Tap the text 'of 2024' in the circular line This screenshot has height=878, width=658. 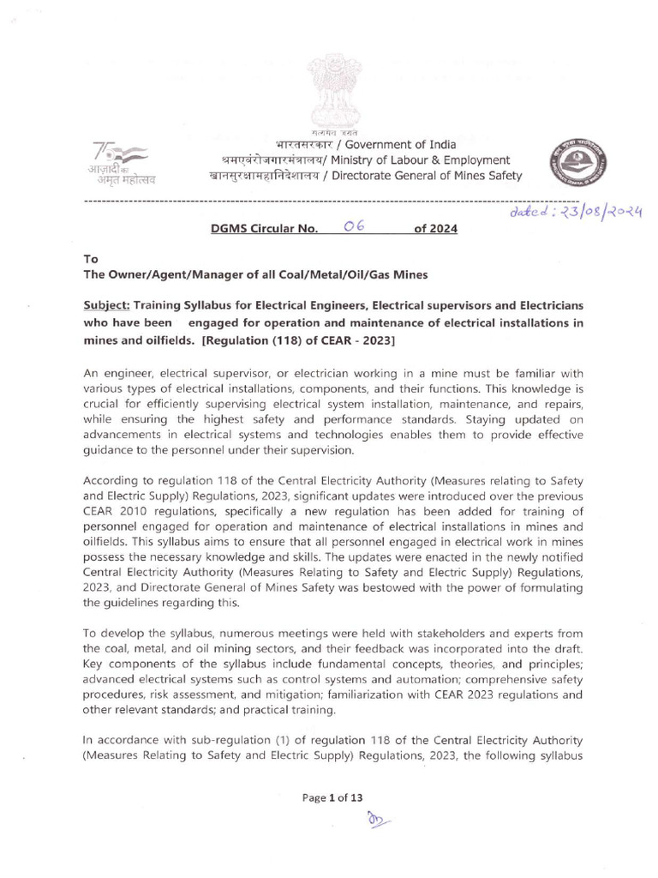tap(435, 229)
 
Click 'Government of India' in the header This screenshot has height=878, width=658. tap(403, 145)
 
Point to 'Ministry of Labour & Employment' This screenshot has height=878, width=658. tap(422, 160)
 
